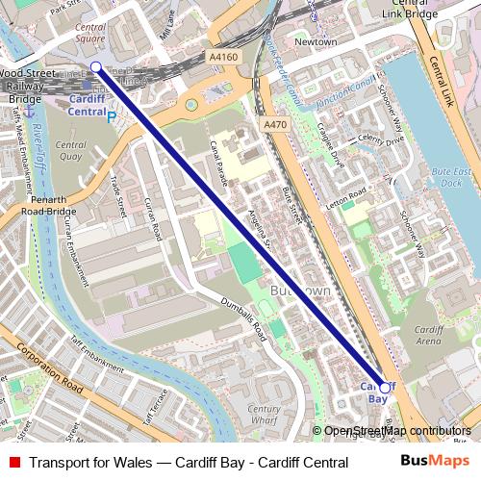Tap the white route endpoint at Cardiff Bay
(x=385, y=388)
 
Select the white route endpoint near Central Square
(x=95, y=66)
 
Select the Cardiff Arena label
(x=429, y=335)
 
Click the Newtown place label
(x=316, y=42)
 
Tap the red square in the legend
(x=13, y=462)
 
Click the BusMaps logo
(x=435, y=462)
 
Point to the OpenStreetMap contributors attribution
(x=396, y=431)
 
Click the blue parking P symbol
(x=112, y=116)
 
